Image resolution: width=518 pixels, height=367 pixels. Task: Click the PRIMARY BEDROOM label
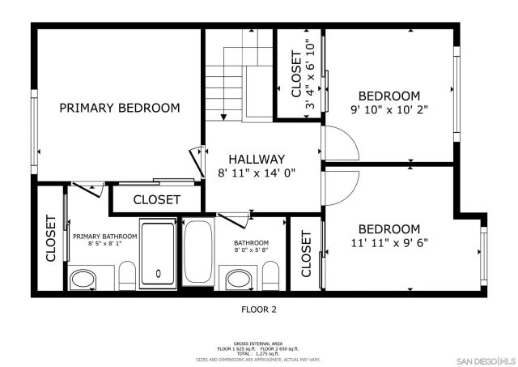(x=119, y=108)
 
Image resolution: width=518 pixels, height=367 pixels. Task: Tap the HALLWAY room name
(x=257, y=159)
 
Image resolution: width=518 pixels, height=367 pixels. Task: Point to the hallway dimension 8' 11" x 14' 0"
(x=257, y=173)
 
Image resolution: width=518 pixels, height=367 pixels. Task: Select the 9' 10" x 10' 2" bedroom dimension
(x=389, y=109)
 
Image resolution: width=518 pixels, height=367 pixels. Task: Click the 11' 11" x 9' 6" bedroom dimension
(x=389, y=241)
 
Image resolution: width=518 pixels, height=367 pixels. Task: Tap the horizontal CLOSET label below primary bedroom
(x=157, y=199)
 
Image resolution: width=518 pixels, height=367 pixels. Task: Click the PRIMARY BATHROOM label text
(x=104, y=237)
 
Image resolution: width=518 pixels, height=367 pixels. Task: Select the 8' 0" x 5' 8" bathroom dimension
(x=251, y=250)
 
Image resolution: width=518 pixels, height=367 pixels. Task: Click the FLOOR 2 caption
(x=259, y=309)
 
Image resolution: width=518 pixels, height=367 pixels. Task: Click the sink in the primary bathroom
(x=82, y=280)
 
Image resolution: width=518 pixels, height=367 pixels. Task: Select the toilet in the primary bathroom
(x=126, y=276)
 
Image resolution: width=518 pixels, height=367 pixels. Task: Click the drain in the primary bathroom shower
(x=158, y=273)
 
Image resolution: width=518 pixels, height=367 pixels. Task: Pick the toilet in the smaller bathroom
(x=272, y=275)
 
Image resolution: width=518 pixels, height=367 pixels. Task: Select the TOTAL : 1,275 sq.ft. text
(x=258, y=354)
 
